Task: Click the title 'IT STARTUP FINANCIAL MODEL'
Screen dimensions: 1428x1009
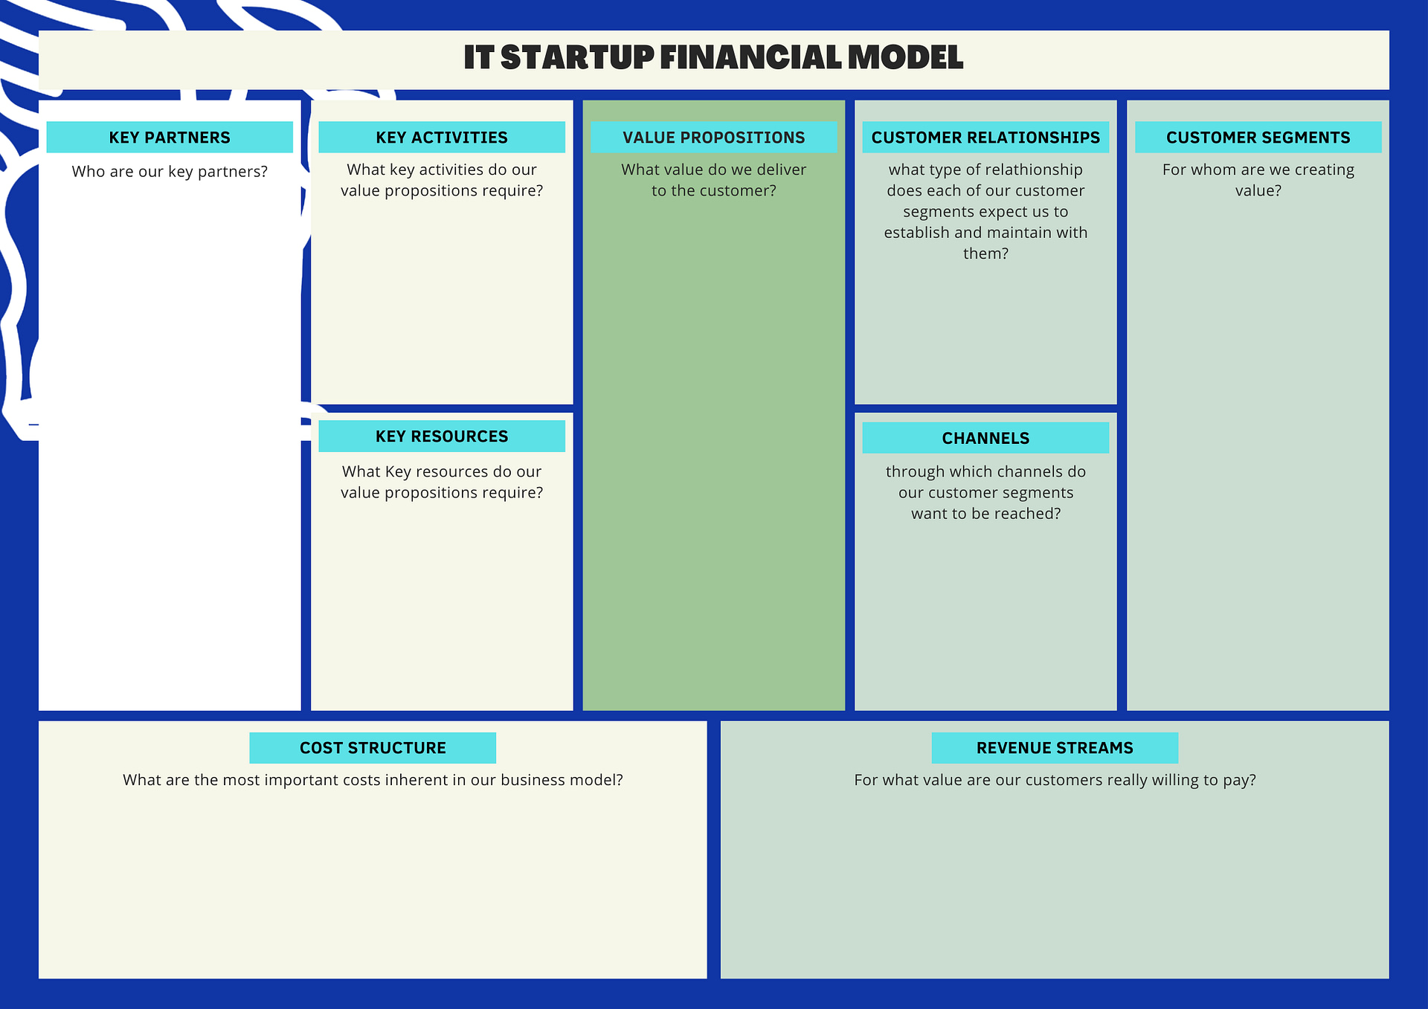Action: point(713,57)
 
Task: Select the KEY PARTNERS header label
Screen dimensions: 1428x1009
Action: point(170,138)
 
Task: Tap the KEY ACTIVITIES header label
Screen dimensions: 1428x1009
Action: point(442,138)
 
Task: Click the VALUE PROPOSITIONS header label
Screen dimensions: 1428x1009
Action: point(714,138)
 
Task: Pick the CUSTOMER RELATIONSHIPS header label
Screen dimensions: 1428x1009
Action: point(985,138)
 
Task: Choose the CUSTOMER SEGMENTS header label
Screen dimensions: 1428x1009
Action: point(1258,138)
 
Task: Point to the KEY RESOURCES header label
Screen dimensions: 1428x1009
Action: point(442,436)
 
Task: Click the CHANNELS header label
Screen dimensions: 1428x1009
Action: point(985,439)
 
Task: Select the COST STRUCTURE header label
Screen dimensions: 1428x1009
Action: point(373,748)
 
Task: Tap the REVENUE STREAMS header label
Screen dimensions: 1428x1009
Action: point(1055,748)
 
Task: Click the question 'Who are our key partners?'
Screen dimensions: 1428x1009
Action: point(170,172)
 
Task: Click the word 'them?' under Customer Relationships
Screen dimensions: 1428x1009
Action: point(985,254)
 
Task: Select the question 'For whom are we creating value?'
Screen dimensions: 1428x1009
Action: point(1258,180)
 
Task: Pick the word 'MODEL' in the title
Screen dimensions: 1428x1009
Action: point(905,57)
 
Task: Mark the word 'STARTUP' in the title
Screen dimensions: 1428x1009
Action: point(577,57)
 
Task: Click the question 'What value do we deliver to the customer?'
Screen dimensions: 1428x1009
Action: point(714,180)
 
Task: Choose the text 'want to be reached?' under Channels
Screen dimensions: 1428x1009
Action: point(985,514)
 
